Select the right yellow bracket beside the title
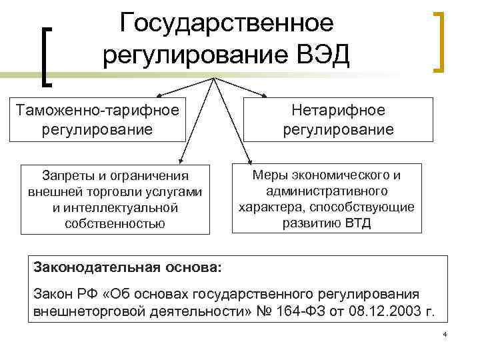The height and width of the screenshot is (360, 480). tap(439, 41)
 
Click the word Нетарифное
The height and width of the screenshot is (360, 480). tap(338, 110)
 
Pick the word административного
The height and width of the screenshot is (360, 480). tap(327, 191)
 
